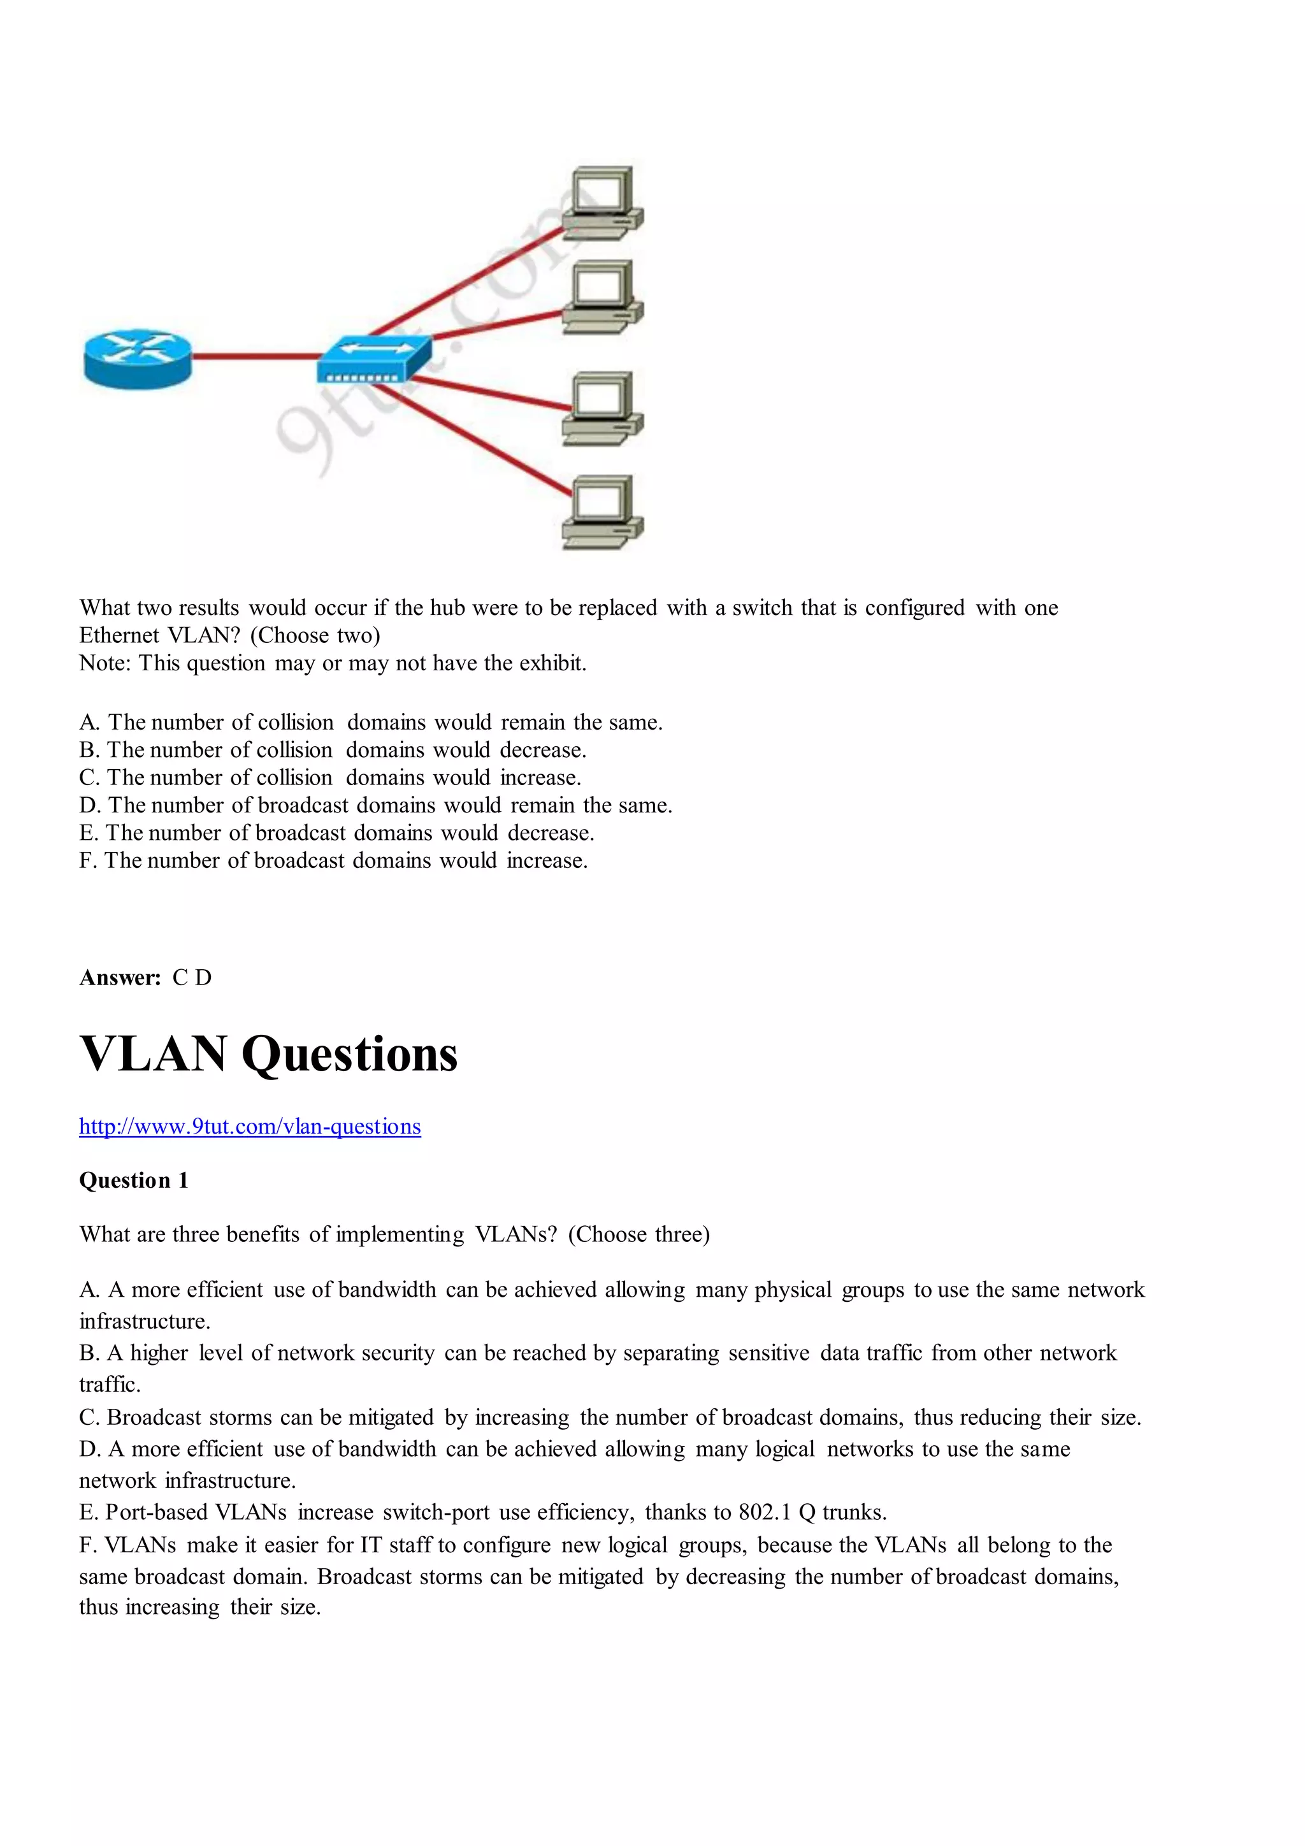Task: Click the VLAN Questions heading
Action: pos(268,1054)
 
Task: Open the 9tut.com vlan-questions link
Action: pos(250,1127)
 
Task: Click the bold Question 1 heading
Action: pos(133,1180)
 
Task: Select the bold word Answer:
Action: pos(120,977)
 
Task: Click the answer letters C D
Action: pos(192,977)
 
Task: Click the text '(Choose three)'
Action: pos(638,1234)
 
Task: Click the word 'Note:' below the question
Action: pos(105,663)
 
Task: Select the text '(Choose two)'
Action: pos(315,635)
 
